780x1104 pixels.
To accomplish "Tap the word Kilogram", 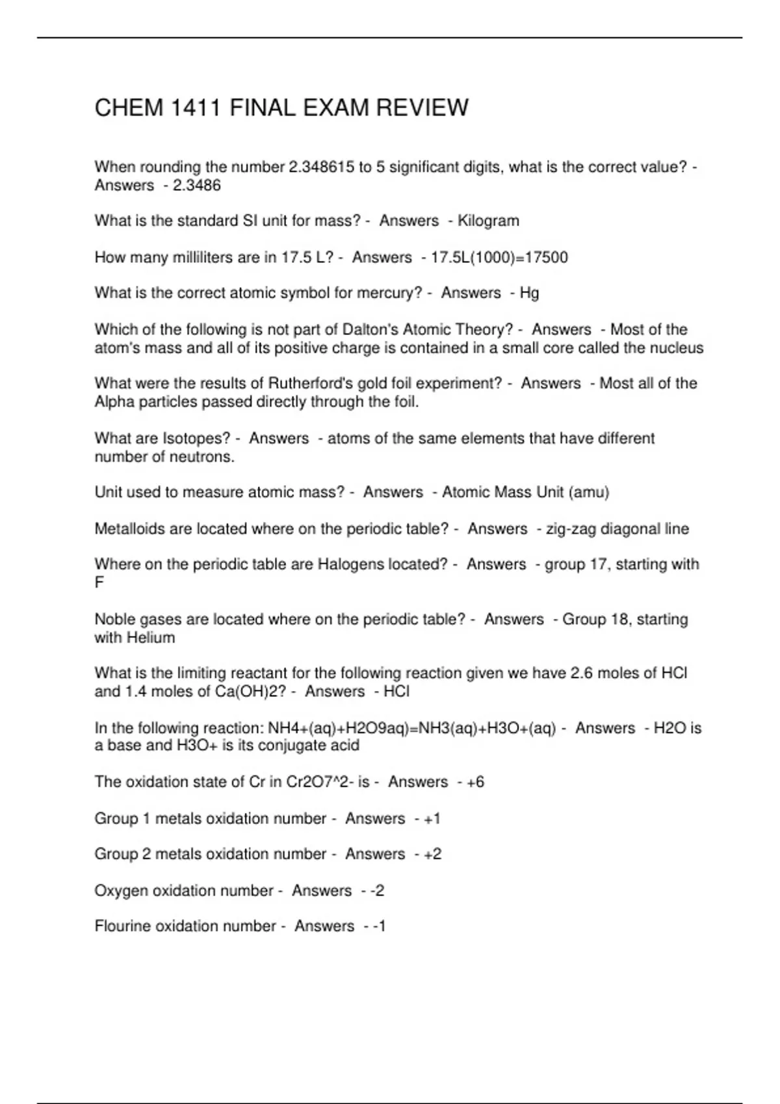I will pos(488,221).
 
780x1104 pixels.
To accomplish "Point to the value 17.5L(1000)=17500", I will pos(499,258).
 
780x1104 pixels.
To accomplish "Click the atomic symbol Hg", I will pos(529,293).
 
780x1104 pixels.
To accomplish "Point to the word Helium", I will pos(151,638).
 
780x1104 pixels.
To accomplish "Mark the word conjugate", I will pos(290,745).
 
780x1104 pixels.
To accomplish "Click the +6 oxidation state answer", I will pos(475,782).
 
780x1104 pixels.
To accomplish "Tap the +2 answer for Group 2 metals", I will pos(432,854).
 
